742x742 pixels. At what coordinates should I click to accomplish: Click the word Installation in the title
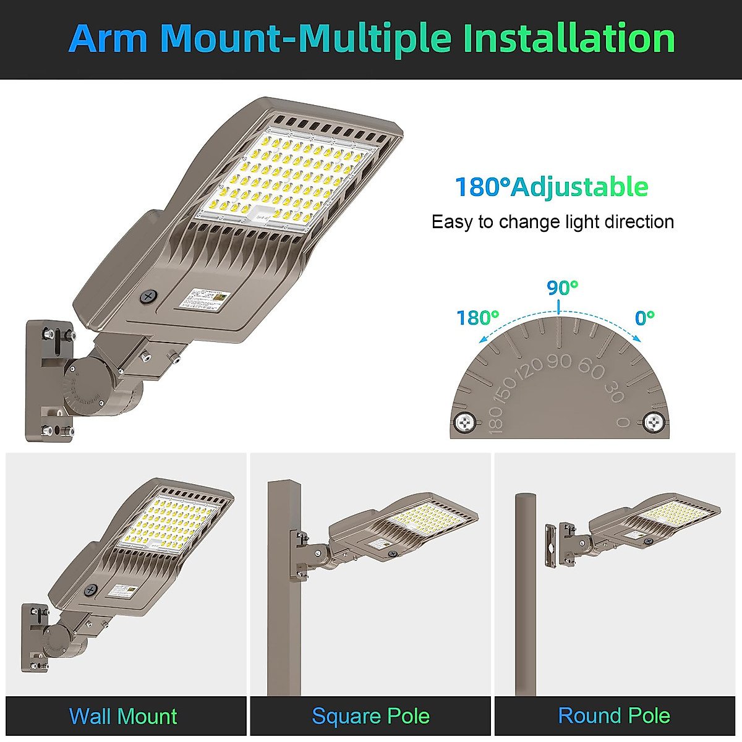pyautogui.click(x=569, y=38)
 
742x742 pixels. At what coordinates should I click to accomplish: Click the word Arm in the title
pyautogui.click(x=108, y=38)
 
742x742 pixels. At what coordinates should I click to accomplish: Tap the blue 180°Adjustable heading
pyautogui.click(x=552, y=187)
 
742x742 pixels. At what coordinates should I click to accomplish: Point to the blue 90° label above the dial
pyautogui.click(x=562, y=288)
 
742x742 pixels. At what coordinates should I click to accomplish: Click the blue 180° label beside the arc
pyautogui.click(x=477, y=318)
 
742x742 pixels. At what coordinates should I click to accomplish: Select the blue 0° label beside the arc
pyautogui.click(x=644, y=318)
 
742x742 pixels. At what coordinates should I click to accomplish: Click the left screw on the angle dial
pyautogui.click(x=464, y=423)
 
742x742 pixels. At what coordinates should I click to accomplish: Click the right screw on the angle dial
pyautogui.click(x=654, y=423)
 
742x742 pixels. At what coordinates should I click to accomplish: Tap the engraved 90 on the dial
pyautogui.click(x=559, y=362)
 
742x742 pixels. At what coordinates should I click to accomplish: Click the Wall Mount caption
pyautogui.click(x=123, y=717)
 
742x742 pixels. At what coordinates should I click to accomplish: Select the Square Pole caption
pyautogui.click(x=370, y=717)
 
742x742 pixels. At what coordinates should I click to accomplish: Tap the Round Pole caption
pyautogui.click(x=614, y=715)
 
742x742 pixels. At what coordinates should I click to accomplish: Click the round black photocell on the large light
pyautogui.click(x=148, y=297)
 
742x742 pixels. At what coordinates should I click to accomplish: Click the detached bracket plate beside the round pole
pyautogui.click(x=550, y=544)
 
